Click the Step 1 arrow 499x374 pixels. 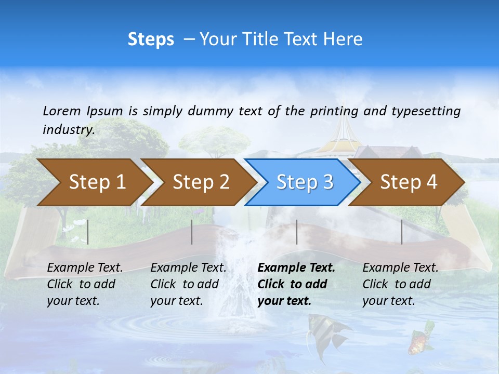click(x=94, y=182)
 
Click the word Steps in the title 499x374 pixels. click(x=151, y=39)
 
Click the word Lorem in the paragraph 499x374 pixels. click(x=62, y=111)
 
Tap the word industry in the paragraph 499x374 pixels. click(x=68, y=129)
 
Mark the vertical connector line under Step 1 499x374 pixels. click(x=87, y=232)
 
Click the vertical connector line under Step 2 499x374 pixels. click(x=192, y=232)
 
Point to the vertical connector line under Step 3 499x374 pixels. click(x=296, y=232)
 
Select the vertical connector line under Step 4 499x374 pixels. click(x=401, y=232)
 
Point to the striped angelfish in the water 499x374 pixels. click(x=322, y=332)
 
